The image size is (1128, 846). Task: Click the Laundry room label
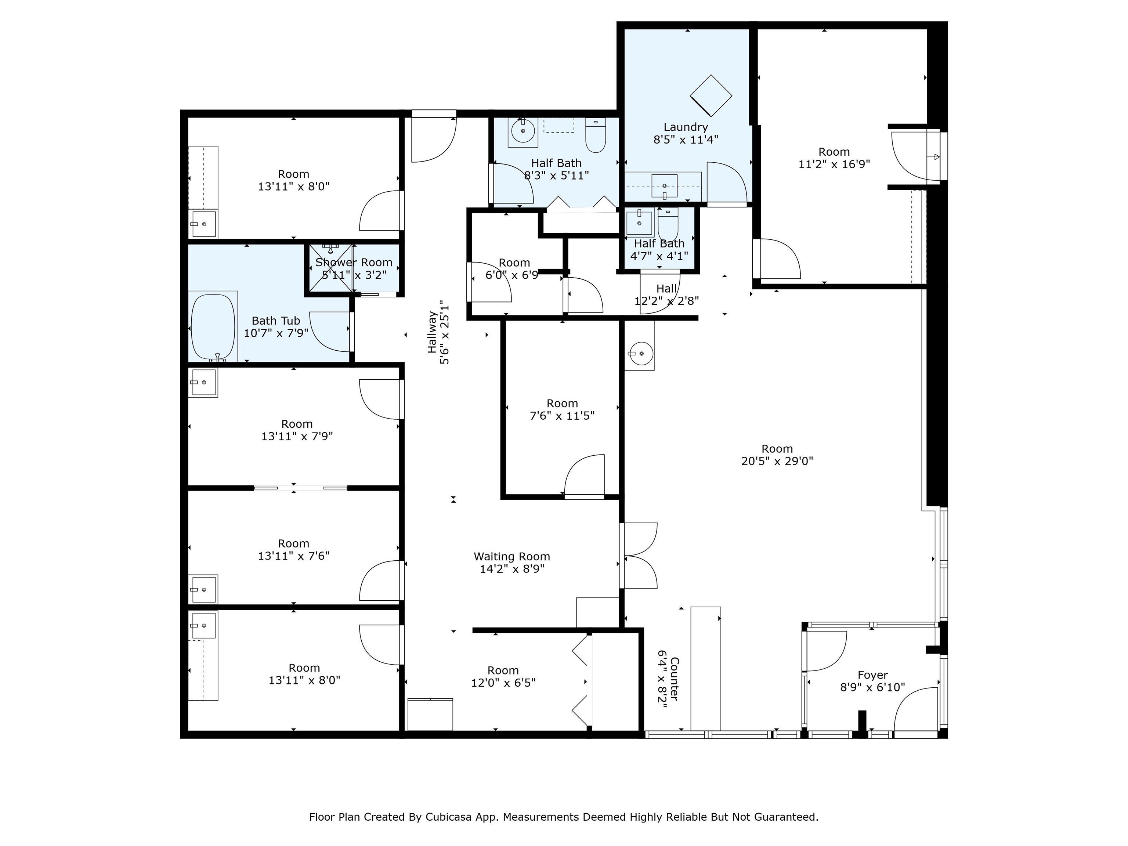[x=686, y=127]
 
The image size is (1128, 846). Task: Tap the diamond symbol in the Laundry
[x=711, y=95]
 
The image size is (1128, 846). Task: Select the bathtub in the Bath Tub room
[x=213, y=327]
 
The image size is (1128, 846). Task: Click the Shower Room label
[x=354, y=262]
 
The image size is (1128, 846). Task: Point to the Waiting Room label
[x=512, y=556]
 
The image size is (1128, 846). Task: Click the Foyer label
[x=872, y=675]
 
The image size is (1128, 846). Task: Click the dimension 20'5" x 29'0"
[x=777, y=461]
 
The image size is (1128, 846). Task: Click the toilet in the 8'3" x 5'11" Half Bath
[x=595, y=135]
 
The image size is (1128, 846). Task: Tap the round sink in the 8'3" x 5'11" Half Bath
[x=522, y=131]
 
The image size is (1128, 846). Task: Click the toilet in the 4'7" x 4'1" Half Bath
[x=668, y=223]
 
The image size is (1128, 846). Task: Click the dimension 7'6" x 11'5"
[x=562, y=416]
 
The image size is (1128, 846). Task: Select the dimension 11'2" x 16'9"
[x=834, y=164]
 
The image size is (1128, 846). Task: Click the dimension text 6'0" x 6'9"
[x=511, y=275]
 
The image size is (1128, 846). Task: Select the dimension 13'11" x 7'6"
[x=294, y=556]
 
